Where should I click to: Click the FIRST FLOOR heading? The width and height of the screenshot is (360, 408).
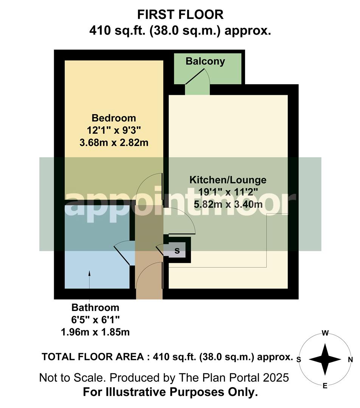pos(180,15)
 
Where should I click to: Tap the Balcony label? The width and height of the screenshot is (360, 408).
pos(205,61)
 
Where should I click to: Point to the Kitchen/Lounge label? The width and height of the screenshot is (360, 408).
pos(228,180)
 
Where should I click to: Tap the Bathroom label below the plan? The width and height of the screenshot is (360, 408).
pos(95,308)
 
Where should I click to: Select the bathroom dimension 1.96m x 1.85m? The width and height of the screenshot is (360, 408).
pos(95,332)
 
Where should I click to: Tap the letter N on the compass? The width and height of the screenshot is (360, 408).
pos(350,360)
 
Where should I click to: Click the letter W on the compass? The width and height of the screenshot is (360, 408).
pos(324,333)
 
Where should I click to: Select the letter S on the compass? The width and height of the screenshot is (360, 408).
pos(299,360)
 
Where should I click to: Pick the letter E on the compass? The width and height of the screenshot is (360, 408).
pos(324,386)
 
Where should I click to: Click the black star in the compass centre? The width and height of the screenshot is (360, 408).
pos(324,359)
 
